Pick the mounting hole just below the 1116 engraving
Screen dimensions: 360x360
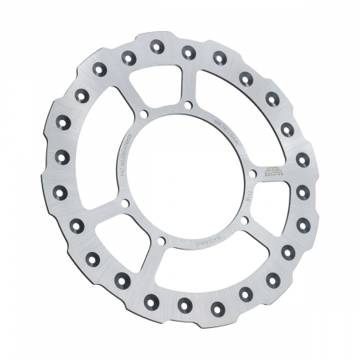click(x=242, y=218)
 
